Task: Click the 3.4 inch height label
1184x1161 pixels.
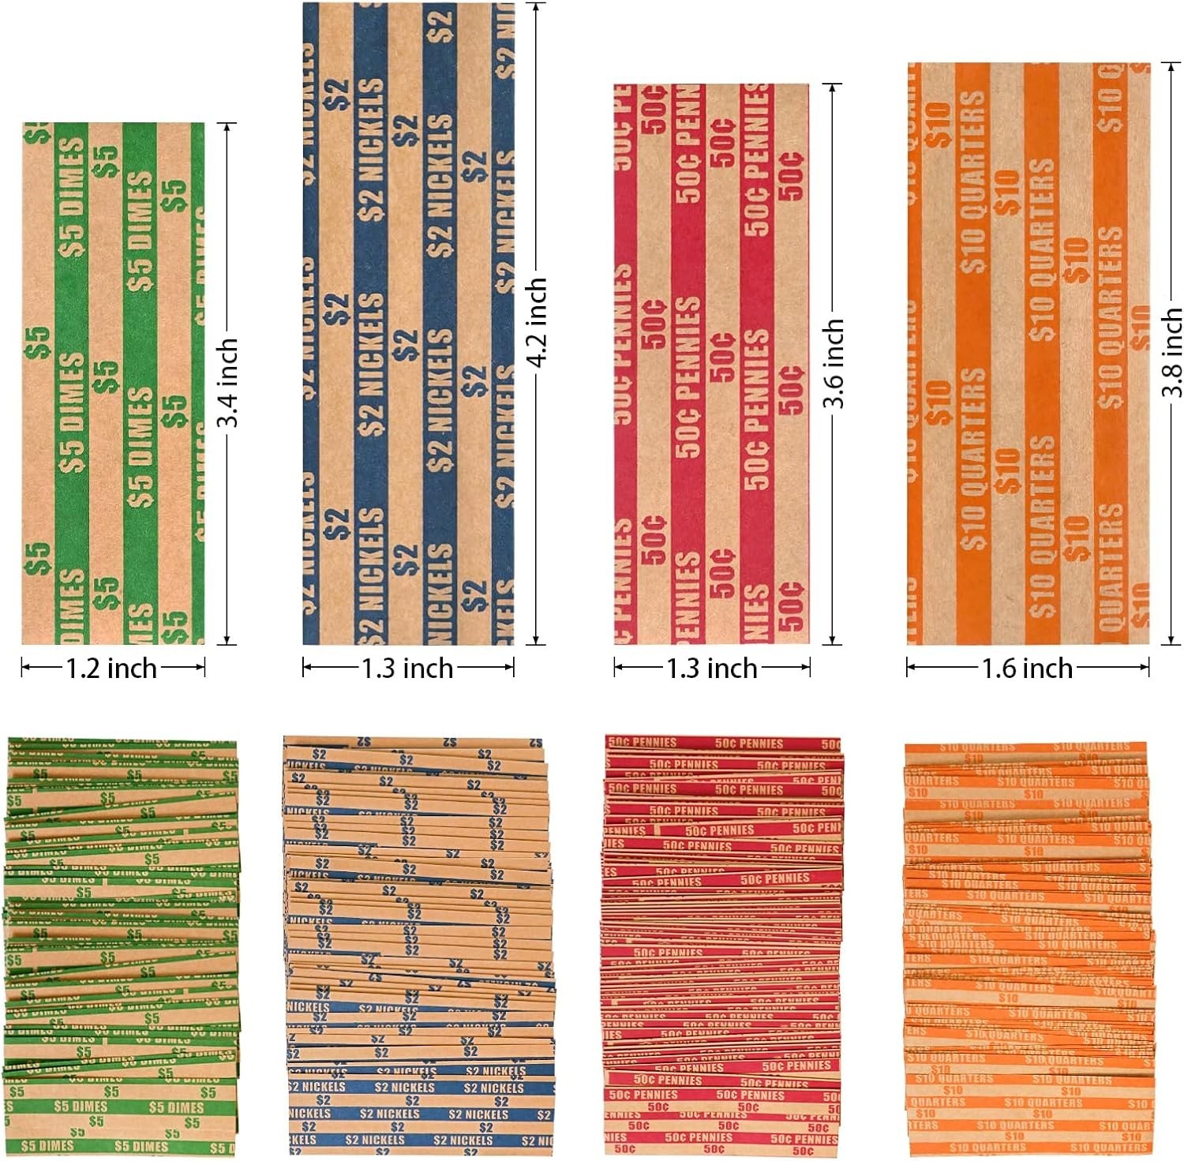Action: (x=228, y=383)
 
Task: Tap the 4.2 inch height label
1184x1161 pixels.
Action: (x=538, y=322)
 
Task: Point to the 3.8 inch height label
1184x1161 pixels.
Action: (x=1171, y=353)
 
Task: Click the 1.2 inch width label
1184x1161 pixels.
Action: (x=111, y=669)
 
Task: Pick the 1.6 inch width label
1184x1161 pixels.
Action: (x=1027, y=669)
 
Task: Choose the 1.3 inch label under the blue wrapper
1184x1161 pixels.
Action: (x=407, y=669)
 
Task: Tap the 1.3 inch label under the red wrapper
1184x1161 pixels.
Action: (x=712, y=669)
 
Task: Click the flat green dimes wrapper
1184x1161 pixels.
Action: (x=113, y=383)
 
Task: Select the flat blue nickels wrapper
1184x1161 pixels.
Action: (x=408, y=324)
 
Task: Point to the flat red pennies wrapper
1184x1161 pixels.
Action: (x=711, y=363)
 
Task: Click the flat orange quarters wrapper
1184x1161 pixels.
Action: (x=1028, y=354)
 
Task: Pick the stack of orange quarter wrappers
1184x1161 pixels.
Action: (x=1028, y=947)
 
